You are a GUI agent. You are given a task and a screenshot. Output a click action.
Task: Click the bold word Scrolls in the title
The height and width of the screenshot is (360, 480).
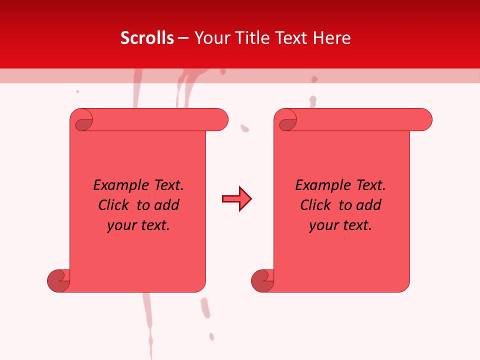(x=147, y=38)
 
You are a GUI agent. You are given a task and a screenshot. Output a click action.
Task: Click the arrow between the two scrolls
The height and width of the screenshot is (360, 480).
(x=236, y=199)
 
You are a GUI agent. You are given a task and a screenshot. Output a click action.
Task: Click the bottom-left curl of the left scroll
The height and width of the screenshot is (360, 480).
(x=58, y=280)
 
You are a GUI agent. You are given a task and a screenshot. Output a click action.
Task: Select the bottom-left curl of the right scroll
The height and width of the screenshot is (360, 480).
(x=262, y=280)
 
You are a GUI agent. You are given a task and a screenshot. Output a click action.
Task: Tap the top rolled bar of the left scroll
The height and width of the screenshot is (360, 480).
(x=160, y=119)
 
